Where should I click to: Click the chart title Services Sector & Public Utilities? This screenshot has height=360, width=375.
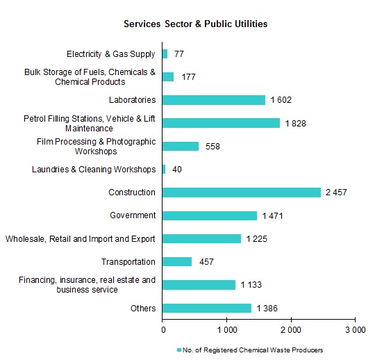(195, 24)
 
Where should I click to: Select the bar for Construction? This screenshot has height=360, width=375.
(242, 193)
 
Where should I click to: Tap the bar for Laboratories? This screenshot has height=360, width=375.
(214, 100)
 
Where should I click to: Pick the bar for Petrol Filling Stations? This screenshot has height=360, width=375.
(221, 123)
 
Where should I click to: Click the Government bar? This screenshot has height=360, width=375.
(210, 215)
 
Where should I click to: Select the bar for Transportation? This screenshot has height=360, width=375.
(177, 262)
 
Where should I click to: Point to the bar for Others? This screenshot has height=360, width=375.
(207, 308)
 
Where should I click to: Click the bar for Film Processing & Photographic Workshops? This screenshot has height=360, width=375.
(181, 146)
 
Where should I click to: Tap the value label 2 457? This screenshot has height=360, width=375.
(336, 193)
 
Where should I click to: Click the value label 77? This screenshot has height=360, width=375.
(179, 54)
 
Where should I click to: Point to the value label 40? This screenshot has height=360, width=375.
(177, 170)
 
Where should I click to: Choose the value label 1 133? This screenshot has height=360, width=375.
(251, 285)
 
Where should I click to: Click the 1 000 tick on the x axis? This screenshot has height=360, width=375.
(226, 329)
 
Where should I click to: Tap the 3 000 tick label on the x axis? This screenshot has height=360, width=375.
(355, 329)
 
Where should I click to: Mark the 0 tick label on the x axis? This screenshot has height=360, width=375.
(163, 329)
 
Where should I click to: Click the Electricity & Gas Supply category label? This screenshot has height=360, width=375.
(110, 54)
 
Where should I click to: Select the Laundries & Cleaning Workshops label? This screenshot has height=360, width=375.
(94, 170)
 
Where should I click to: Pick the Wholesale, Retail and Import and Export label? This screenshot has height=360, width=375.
(81, 239)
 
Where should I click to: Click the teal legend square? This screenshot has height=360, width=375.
(178, 350)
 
